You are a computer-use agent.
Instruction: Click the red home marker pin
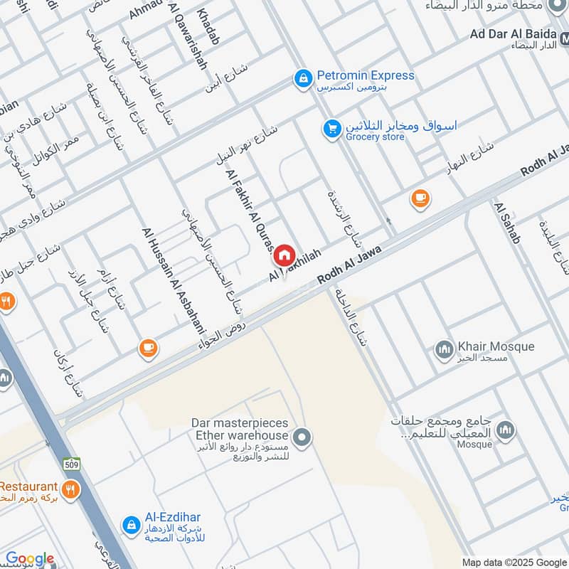point(284,255)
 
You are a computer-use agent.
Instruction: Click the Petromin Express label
point(365,75)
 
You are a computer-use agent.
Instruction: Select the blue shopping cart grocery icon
point(331,129)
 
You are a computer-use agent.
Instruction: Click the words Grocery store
point(375,137)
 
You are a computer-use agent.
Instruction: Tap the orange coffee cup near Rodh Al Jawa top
point(420,199)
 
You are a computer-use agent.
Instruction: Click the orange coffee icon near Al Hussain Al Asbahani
point(147,348)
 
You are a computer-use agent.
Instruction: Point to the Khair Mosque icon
point(444,349)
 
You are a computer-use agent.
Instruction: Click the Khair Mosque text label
point(494,346)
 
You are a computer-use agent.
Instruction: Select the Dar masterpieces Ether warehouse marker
point(302,437)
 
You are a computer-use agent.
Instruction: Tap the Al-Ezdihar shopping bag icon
point(131,524)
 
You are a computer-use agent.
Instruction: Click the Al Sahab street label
point(507,223)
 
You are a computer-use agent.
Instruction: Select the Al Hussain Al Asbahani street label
point(174,281)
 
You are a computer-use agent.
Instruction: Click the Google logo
point(29,558)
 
